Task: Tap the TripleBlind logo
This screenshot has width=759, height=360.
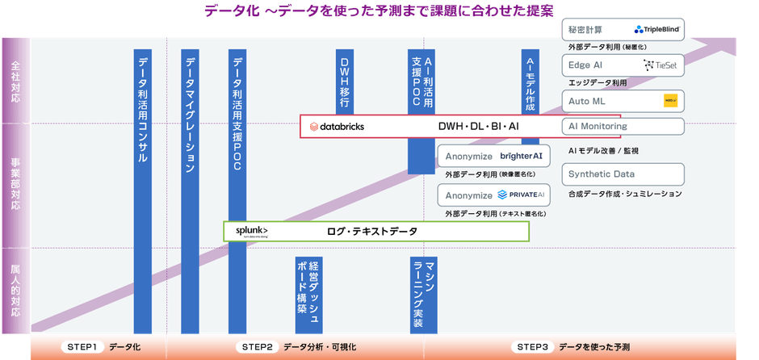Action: click(659, 29)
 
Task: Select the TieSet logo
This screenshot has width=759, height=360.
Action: click(664, 65)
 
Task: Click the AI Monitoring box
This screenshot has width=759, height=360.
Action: click(623, 127)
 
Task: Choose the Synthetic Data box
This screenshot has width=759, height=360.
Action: click(623, 174)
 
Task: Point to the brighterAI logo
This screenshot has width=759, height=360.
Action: click(521, 156)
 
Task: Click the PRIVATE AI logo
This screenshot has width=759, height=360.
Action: click(521, 195)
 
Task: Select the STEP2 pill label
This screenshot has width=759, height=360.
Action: click(256, 347)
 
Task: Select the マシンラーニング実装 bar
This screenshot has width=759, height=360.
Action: click(423, 294)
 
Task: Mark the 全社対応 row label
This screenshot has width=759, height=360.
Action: click(15, 81)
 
